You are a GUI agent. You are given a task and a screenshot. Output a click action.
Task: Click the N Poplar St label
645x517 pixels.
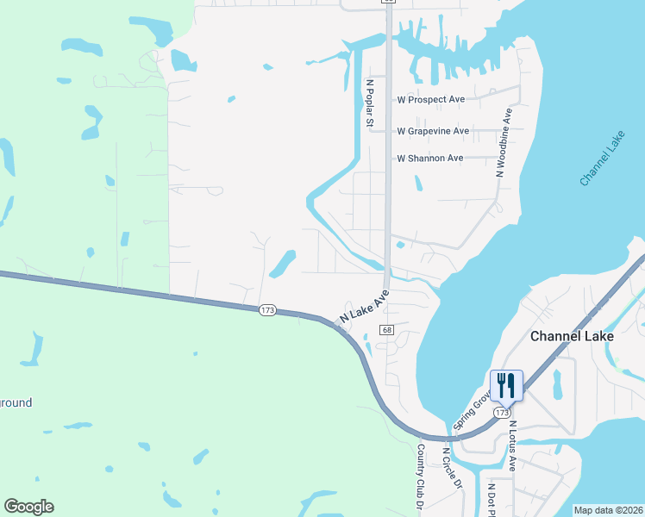click(369, 104)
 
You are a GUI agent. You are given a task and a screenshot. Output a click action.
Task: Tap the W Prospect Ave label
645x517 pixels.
click(430, 99)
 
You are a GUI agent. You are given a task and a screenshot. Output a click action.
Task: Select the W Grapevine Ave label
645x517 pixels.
click(433, 131)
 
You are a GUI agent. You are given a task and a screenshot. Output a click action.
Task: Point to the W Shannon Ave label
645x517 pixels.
click(429, 159)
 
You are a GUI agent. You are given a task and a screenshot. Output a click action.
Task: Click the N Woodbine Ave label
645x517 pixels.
click(504, 143)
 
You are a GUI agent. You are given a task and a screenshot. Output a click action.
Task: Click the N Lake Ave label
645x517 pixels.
click(365, 307)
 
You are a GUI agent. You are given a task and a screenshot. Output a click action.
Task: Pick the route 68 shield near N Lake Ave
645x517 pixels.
click(386, 330)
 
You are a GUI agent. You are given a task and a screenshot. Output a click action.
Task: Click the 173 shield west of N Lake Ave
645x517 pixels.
click(267, 309)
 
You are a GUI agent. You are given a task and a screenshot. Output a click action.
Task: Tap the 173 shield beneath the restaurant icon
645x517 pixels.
click(503, 413)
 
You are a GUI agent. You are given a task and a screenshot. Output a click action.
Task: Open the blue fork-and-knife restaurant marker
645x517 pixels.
click(506, 386)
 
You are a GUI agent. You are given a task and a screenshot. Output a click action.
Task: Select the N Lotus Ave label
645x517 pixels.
click(512, 445)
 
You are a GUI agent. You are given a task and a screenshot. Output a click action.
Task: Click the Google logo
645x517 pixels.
click(28, 507)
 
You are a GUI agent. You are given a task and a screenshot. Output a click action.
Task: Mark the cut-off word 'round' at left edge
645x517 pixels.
click(16, 402)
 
